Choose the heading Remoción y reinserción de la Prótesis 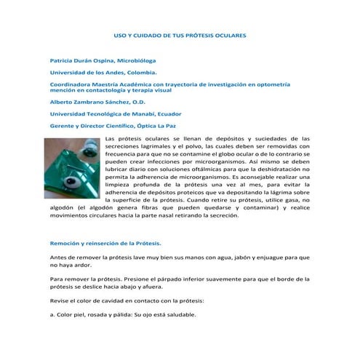(105, 243)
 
